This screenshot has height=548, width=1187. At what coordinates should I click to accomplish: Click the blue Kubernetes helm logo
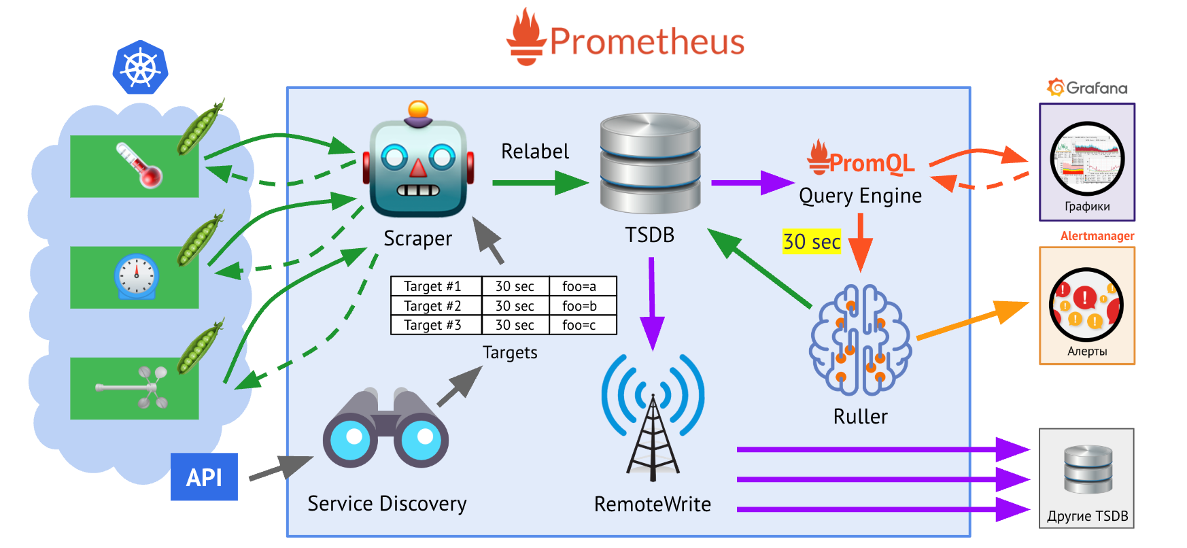140,67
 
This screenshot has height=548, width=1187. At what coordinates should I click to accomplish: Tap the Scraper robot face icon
418,163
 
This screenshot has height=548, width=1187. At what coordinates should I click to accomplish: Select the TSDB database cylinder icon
650,163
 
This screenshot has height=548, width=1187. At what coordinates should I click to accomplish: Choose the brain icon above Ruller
860,341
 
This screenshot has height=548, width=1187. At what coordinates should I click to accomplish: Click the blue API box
204,477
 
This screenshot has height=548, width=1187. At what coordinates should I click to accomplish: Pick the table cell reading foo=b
579,306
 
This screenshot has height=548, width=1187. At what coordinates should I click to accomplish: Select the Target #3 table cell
433,325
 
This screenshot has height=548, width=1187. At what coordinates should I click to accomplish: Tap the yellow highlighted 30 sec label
812,241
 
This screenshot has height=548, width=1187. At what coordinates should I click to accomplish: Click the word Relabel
535,152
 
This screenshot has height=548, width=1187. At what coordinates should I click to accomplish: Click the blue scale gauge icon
136,277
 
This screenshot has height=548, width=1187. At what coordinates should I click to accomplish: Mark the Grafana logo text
1088,88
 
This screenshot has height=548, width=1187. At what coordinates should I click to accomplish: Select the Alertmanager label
1097,236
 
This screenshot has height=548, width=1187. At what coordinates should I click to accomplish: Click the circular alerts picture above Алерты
1086,305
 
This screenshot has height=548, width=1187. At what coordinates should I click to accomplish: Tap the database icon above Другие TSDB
1088,469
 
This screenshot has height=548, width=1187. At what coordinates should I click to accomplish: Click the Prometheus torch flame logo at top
526,37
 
